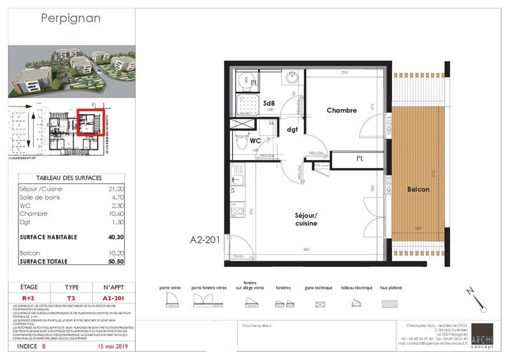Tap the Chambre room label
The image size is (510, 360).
click(x=342, y=110)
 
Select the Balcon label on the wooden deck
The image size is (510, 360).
click(x=418, y=189)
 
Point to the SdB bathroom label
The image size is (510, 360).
click(x=269, y=103)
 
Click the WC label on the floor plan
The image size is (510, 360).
click(x=255, y=140)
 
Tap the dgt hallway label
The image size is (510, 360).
click(x=293, y=129)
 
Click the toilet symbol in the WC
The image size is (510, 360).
click(x=241, y=145)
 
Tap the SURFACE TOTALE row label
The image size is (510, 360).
click(x=48, y=261)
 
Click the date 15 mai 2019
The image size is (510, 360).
click(x=112, y=348)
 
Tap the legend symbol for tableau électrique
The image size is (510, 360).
click(x=355, y=304)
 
